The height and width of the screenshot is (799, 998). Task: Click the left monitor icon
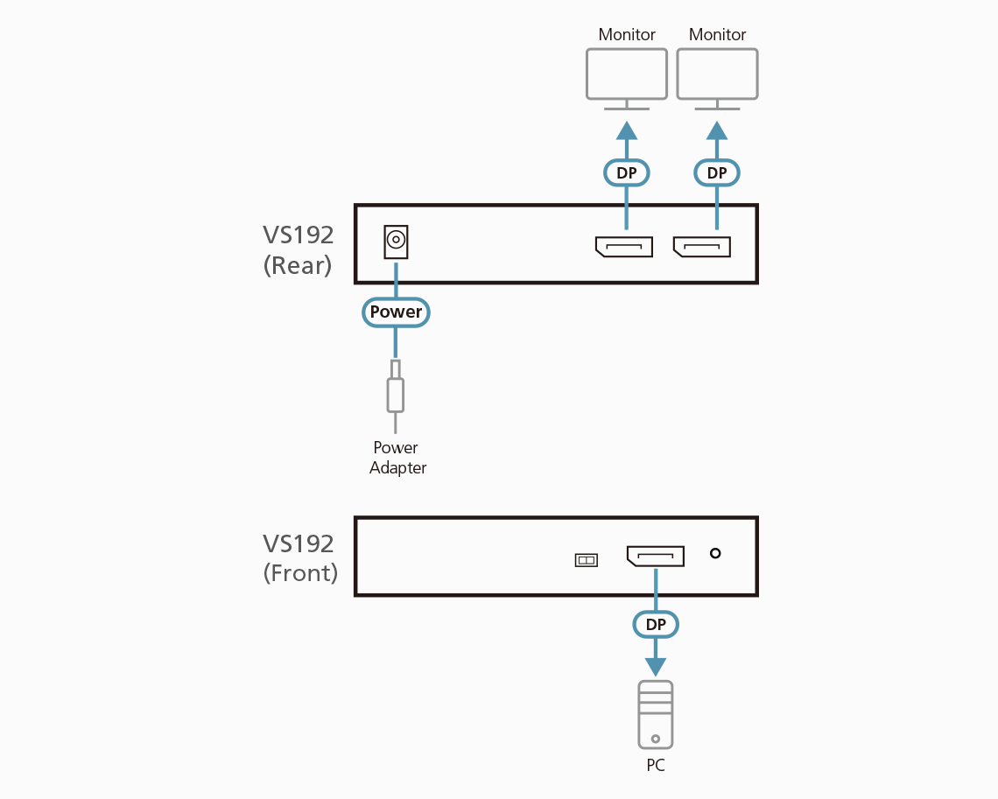coord(626,75)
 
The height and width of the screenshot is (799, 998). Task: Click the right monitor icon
coord(717,75)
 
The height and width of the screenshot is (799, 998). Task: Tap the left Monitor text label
coord(627,35)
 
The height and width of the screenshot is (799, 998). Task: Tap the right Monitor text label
coord(717,35)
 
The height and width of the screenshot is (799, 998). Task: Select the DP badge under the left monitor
coord(627,173)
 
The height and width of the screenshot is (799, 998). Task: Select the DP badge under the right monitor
coord(717,173)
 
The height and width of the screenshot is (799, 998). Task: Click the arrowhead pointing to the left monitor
coord(627,131)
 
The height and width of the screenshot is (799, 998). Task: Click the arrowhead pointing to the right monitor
coord(717,131)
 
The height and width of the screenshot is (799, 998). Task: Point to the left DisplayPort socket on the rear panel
coord(624,247)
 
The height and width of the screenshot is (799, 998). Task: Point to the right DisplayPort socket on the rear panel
coord(702,247)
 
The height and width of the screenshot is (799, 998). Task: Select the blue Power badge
coord(396,312)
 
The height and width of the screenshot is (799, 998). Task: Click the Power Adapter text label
coord(397,458)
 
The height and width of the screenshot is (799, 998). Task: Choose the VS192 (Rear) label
coord(298,250)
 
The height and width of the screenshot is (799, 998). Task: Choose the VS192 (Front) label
coord(299,558)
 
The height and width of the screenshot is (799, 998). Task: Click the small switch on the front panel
coord(586,560)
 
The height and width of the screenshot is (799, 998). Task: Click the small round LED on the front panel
coord(715,553)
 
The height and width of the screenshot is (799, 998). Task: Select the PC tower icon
coord(656,714)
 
